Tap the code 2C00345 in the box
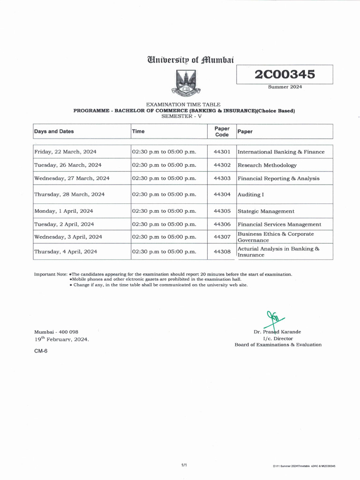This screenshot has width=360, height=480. click(x=285, y=75)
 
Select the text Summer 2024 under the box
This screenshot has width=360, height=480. click(x=285, y=87)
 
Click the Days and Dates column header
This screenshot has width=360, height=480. click(x=54, y=132)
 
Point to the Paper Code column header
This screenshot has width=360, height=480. click(x=222, y=132)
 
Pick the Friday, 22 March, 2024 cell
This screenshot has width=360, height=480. click(x=65, y=152)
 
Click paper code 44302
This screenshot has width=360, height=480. click(x=222, y=165)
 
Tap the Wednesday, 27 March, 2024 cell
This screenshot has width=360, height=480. click(x=72, y=178)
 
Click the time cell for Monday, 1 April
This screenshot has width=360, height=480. click(x=164, y=211)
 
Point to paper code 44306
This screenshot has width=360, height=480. click(x=222, y=224)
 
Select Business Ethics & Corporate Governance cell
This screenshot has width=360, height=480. click(x=276, y=237)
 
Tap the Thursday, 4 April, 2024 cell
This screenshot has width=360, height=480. click(x=66, y=251)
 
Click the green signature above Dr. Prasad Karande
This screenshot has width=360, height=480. click(x=272, y=319)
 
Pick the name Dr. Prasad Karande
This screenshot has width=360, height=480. click(x=277, y=332)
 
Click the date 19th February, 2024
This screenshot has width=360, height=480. click(x=61, y=339)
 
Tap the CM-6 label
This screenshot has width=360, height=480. click(x=41, y=351)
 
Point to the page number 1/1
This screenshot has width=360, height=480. click(x=184, y=465)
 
